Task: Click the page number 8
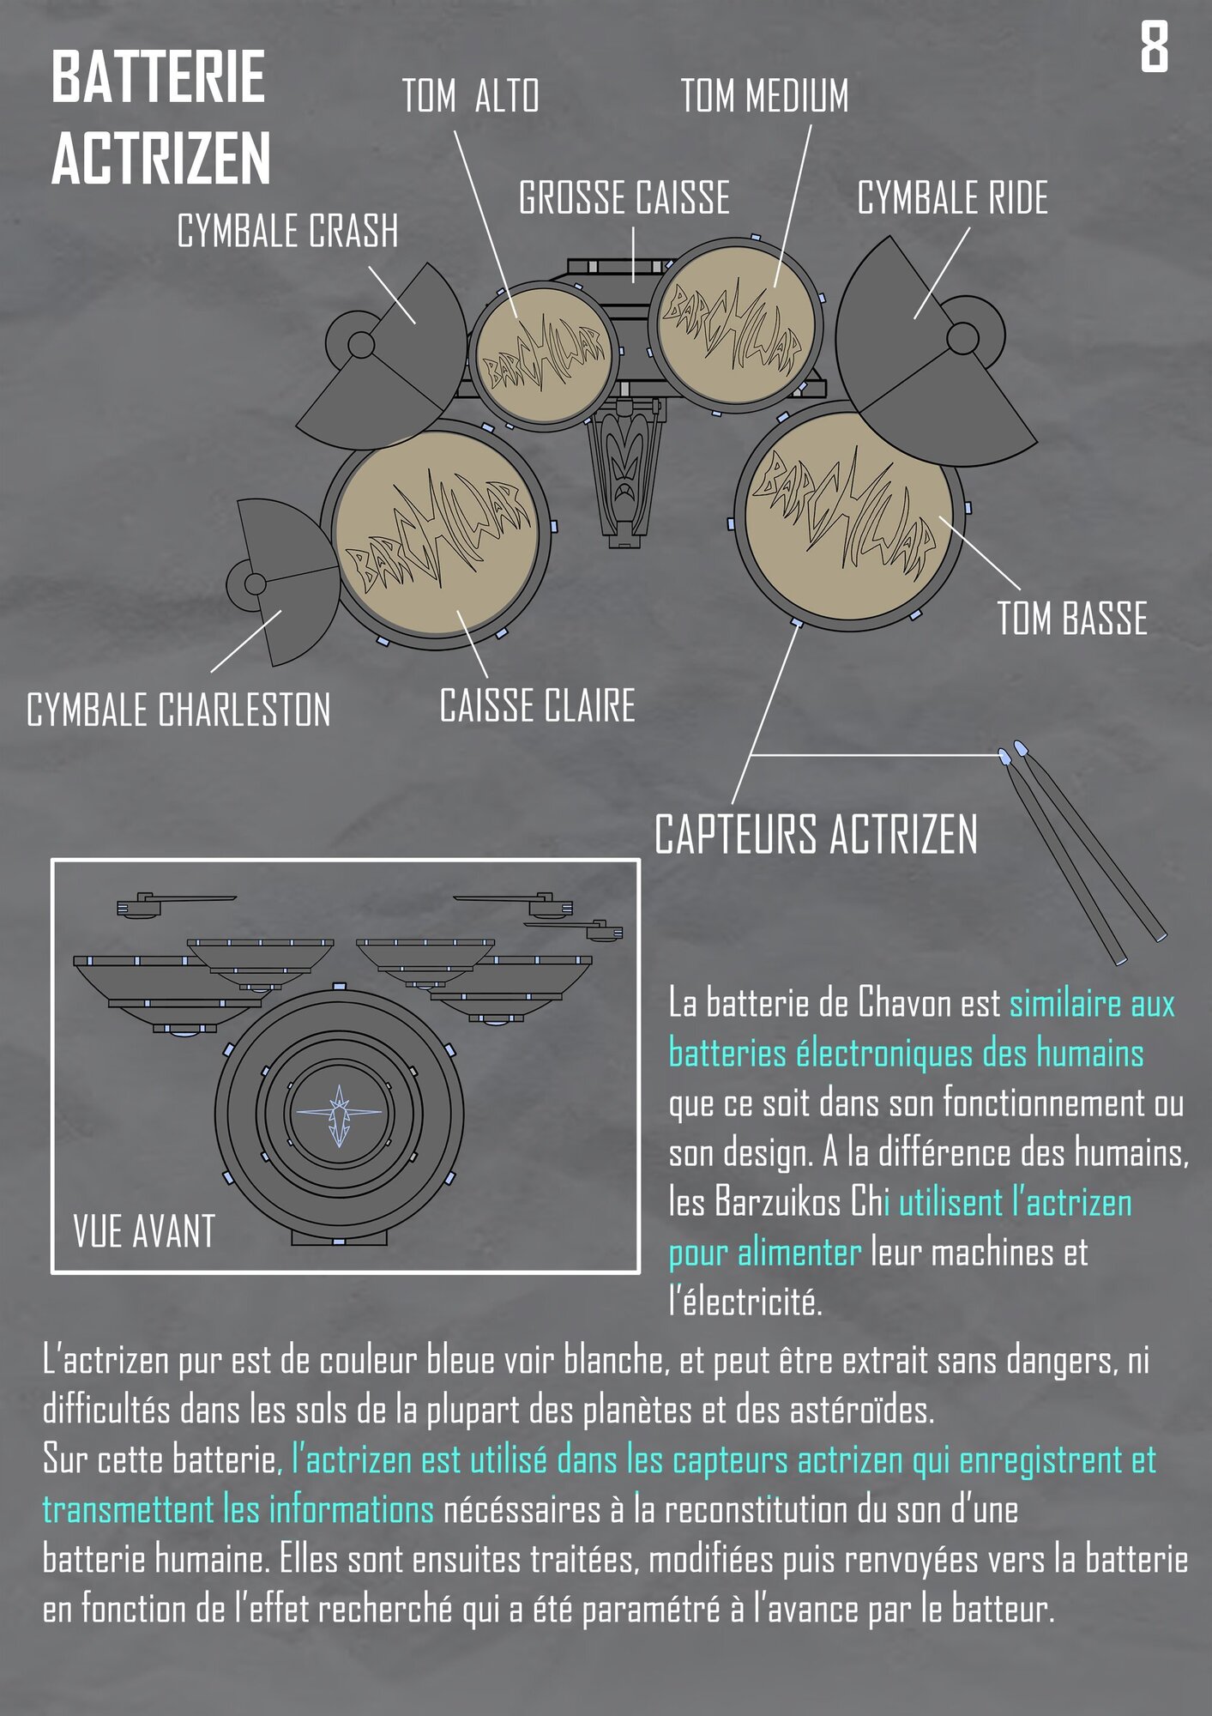[1154, 48]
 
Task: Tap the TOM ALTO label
[471, 95]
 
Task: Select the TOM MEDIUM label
[764, 95]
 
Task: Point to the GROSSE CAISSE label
[624, 198]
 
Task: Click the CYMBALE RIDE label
[952, 198]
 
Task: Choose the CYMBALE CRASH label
[287, 232]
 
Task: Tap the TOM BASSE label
[1071, 619]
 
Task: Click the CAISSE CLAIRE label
[537, 706]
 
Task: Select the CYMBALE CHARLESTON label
[178, 710]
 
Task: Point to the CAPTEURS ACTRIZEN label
[816, 835]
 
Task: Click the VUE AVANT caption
[144, 1231]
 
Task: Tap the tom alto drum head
[543, 357]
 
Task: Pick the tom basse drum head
[847, 515]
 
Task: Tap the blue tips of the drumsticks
[1012, 752]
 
